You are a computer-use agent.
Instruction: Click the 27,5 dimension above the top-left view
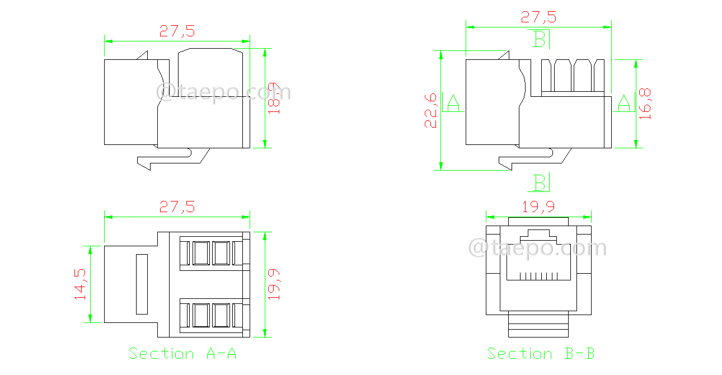177,31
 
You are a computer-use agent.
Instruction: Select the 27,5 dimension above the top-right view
538,17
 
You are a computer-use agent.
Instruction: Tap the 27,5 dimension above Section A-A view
177,207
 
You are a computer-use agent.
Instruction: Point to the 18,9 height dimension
274,99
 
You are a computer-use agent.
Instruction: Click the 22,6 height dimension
430,111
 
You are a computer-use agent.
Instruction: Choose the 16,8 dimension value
645,104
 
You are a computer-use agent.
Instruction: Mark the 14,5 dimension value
80,284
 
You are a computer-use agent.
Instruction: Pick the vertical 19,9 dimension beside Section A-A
274,284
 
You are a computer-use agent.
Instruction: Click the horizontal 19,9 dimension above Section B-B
538,207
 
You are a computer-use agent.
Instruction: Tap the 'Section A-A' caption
182,354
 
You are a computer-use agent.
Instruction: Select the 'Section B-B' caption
540,354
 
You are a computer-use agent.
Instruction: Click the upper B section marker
540,39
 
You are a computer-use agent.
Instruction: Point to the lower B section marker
540,182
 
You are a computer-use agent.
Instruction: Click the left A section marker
453,103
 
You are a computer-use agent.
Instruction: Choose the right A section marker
623,103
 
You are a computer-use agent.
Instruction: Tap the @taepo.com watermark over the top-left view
223,92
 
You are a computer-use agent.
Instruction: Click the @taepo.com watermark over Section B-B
537,247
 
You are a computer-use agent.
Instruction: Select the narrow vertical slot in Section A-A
141,283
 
